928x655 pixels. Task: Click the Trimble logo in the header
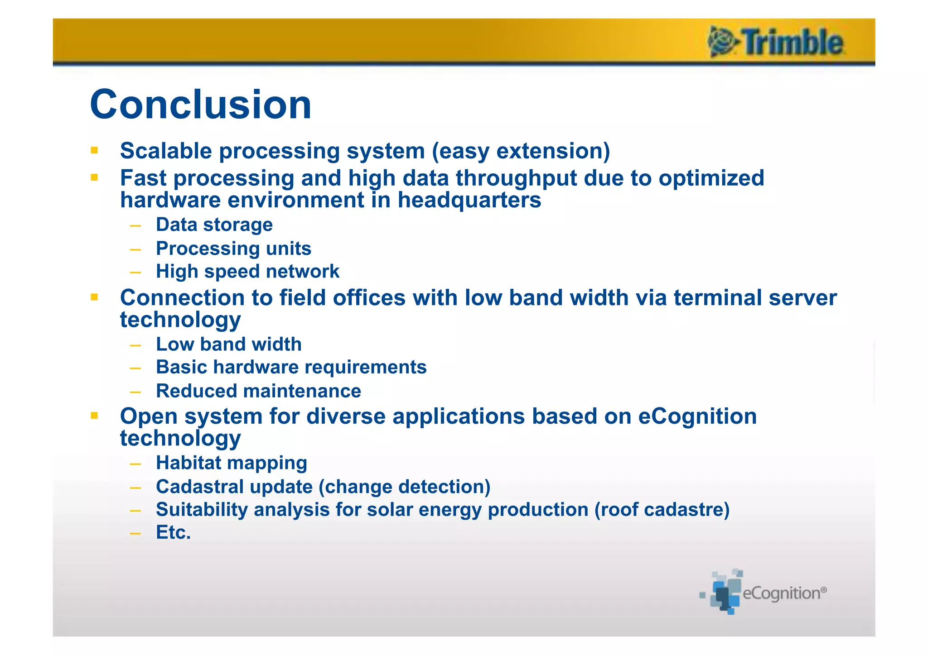coord(776,42)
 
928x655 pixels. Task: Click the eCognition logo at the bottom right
coord(764,593)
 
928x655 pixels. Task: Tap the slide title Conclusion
coord(201,105)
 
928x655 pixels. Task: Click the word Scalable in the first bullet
coord(166,151)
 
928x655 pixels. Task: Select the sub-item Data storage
coord(214,225)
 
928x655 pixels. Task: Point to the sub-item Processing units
coord(233,249)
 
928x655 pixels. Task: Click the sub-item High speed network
coord(247,272)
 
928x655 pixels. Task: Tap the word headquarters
coord(469,200)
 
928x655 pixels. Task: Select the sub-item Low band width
coord(228,344)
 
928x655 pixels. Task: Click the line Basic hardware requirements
coord(291,367)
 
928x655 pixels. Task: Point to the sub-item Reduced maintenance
coord(258,391)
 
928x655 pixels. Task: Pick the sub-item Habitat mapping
coord(231,463)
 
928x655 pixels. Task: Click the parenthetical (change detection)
coord(405,487)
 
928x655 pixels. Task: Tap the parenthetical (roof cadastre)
coord(662,510)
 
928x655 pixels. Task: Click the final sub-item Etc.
coord(173,533)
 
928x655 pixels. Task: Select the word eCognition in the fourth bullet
coord(697,416)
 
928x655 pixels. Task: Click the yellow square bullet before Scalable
coord(94,150)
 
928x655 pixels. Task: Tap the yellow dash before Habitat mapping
coord(135,464)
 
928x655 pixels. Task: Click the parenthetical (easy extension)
coord(521,151)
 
